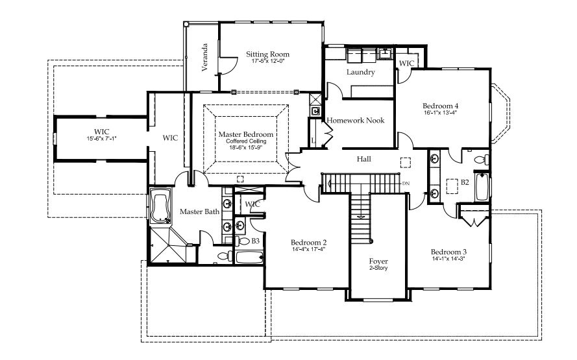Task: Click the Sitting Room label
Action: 267,54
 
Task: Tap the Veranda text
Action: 205,57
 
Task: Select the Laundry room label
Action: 361,72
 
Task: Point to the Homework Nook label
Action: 356,120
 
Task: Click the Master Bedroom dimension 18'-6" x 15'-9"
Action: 246,147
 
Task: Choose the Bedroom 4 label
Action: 440,106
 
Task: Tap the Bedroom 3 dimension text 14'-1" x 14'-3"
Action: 448,259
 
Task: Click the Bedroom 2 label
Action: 308,243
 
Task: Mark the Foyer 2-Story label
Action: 378,264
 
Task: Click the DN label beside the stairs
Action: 406,183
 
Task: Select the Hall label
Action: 364,159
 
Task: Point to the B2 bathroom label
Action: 465,182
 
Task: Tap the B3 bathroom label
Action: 255,241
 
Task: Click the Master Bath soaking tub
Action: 161,206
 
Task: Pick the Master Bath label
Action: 199,211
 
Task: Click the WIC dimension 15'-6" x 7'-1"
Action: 101,139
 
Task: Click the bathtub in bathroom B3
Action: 249,257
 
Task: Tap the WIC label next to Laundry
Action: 406,64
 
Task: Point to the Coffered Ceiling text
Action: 246,141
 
